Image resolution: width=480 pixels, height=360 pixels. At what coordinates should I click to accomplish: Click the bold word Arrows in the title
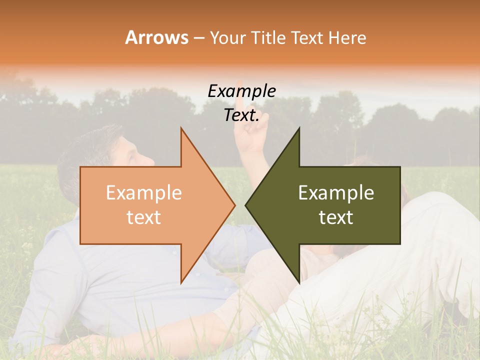[156, 37]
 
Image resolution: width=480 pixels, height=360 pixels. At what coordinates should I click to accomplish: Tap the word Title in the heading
[268, 38]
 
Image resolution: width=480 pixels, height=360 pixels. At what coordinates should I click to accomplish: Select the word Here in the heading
[347, 38]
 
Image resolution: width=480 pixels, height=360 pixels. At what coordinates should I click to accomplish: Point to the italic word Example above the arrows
[241, 91]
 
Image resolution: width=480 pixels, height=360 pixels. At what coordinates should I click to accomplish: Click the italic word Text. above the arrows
[241, 115]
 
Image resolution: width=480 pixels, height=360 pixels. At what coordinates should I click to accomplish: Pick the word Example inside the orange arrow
[143, 193]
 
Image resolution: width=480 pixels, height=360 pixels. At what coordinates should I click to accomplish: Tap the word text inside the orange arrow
[143, 217]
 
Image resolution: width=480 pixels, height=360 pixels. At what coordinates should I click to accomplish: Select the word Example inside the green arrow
[336, 193]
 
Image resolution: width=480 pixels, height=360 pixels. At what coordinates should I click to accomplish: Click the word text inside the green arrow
[336, 217]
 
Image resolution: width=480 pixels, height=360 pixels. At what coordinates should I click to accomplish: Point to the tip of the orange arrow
[235, 205]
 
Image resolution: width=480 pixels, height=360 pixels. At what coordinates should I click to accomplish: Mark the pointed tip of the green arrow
[245, 205]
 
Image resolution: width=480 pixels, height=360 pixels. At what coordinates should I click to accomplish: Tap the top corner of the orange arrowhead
[181, 128]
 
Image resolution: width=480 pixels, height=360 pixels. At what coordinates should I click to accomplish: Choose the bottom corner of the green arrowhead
[299, 282]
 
